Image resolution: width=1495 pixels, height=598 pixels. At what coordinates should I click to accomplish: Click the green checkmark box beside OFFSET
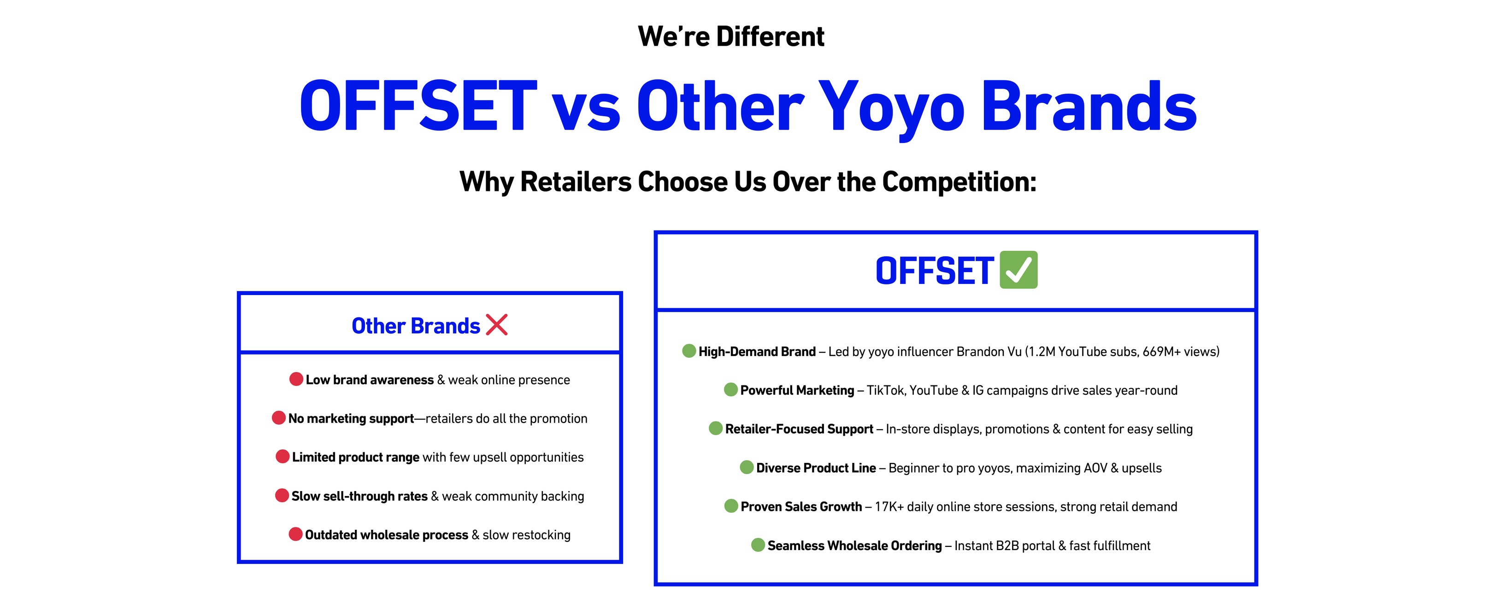[1018, 270]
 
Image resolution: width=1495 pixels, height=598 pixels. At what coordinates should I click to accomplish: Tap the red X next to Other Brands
[497, 325]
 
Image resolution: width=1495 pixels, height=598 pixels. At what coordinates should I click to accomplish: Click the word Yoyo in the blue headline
[891, 107]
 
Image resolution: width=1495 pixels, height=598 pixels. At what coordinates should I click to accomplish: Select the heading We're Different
[731, 36]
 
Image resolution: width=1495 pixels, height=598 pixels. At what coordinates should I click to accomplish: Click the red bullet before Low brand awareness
[296, 379]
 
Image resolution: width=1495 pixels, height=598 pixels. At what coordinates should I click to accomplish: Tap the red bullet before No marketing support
[278, 418]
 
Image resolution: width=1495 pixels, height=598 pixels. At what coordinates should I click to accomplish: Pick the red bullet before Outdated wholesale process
[295, 534]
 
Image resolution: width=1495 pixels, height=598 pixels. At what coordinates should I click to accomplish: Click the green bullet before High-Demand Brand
[689, 351]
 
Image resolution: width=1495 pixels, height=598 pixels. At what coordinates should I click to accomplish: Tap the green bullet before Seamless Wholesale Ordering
[758, 545]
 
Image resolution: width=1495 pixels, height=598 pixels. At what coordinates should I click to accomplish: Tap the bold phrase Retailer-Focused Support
[799, 429]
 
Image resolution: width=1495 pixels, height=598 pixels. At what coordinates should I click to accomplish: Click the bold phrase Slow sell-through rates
[359, 497]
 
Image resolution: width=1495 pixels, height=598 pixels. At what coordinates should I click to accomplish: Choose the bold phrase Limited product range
[355, 457]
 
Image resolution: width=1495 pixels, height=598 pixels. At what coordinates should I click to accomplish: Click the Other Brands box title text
[416, 326]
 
